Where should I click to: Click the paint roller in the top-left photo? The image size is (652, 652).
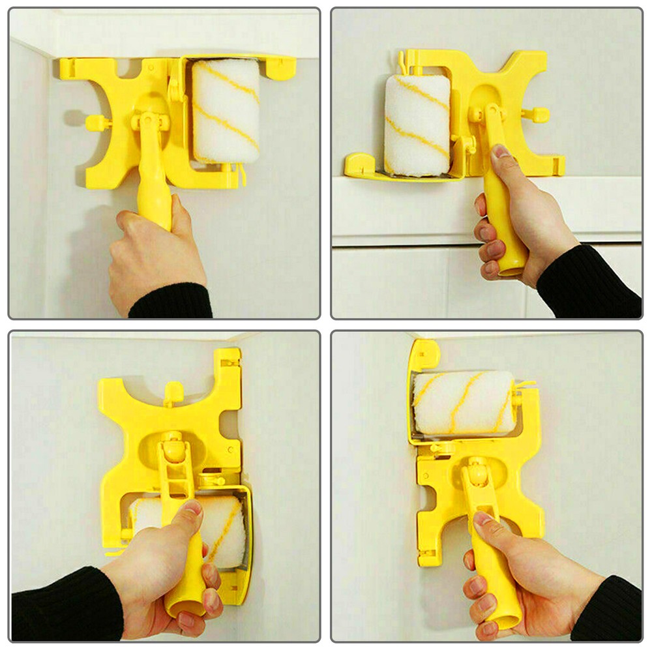(226, 111)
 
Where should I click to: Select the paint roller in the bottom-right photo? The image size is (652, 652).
(463, 402)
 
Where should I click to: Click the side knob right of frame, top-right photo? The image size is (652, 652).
(535, 115)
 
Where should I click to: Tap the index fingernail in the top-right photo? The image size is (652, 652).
(501, 151)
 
